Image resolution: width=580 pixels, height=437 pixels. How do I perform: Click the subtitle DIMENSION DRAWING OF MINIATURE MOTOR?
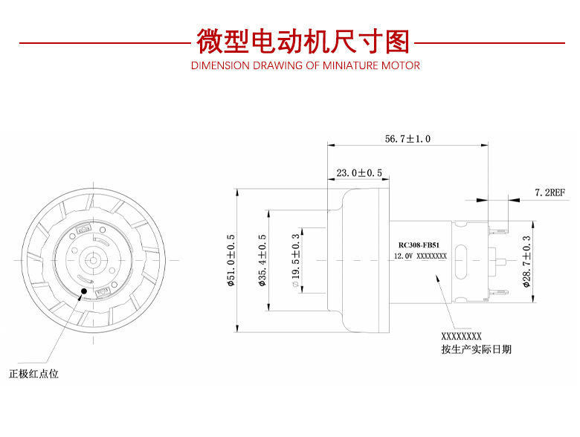[x=305, y=65]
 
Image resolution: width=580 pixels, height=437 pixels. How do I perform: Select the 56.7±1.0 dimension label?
[x=407, y=139]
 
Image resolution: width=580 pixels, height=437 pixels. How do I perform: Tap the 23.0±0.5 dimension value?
[x=359, y=173]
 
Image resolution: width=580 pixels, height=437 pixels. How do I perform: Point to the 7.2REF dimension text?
[x=550, y=192]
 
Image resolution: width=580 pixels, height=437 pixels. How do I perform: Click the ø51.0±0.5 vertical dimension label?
[x=231, y=260]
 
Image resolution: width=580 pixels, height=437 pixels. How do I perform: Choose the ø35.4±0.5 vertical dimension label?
[x=262, y=260]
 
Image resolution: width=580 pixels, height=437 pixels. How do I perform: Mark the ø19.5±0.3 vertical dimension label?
[x=296, y=260]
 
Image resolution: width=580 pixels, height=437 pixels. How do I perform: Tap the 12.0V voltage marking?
[x=403, y=256]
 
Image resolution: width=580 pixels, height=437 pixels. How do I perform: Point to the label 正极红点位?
[x=33, y=374]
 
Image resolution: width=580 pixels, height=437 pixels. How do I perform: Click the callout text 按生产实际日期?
[x=476, y=349]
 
